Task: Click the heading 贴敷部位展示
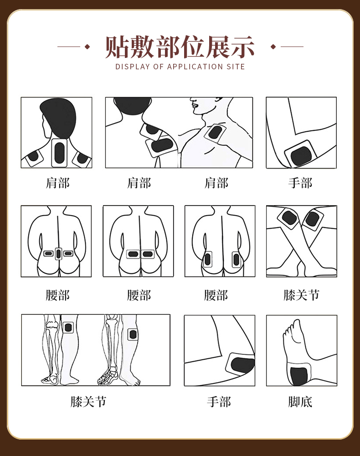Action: [180, 47]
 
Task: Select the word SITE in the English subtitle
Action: [235, 67]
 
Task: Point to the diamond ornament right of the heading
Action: [273, 47]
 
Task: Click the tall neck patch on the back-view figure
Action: [59, 153]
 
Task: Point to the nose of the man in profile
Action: [192, 106]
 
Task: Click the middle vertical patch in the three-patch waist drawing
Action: [58, 253]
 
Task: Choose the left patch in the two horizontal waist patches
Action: [133, 254]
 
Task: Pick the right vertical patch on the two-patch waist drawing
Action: [236, 260]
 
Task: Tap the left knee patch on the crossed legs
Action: [289, 218]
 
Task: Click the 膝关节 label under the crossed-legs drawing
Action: [301, 295]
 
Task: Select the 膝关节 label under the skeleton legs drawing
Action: [88, 401]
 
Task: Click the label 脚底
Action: [300, 401]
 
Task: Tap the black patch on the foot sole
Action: [299, 375]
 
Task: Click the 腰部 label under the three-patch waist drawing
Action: [57, 295]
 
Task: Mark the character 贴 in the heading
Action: [116, 47]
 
